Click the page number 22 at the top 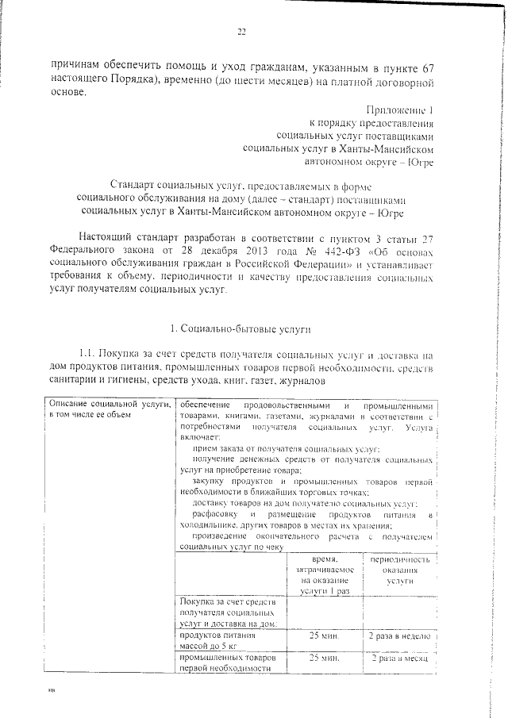[241, 33]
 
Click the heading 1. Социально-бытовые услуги [241, 328]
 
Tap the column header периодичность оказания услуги [398, 570]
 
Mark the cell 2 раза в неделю [398, 636]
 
